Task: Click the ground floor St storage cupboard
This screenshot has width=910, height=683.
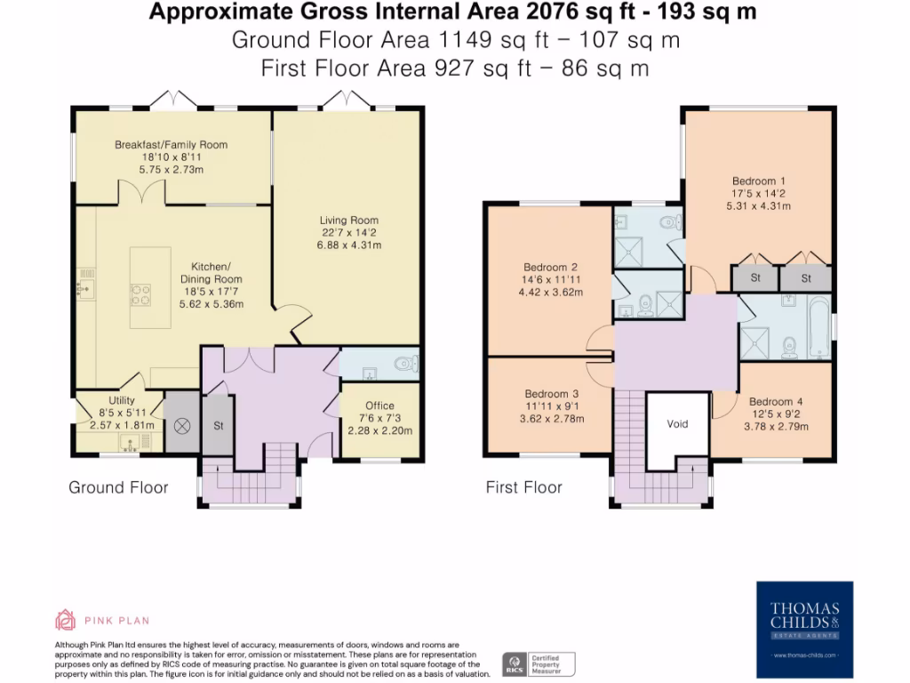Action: coord(218,426)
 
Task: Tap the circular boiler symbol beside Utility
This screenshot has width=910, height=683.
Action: coord(184,425)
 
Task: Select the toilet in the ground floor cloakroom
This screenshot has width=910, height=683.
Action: coord(408,363)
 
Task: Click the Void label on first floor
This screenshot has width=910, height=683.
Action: coord(677,424)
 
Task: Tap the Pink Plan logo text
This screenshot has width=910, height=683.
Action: coord(117,621)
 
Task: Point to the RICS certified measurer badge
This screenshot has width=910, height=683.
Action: coord(539,663)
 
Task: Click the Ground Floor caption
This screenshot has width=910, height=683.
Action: coord(118,487)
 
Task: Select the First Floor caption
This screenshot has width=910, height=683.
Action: coord(523,487)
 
